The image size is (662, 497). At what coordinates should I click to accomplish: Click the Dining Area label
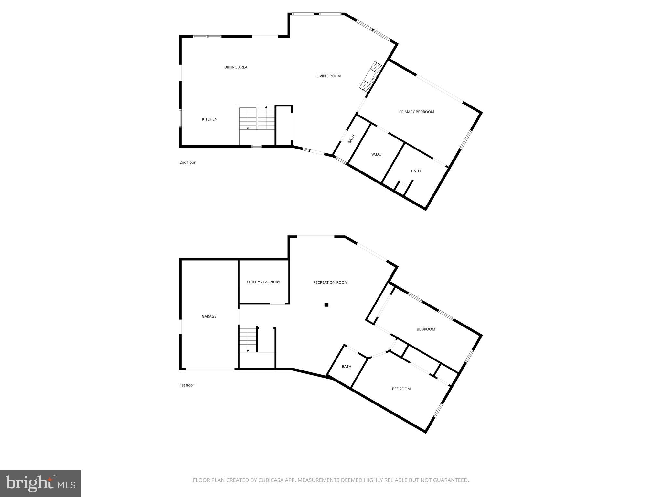click(x=236, y=67)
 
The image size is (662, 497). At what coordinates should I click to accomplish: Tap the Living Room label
click(x=328, y=76)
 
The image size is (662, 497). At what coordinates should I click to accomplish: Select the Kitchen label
click(x=209, y=119)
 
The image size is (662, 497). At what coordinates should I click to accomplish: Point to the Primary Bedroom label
click(x=416, y=112)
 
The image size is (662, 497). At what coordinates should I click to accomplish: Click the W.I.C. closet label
click(x=376, y=154)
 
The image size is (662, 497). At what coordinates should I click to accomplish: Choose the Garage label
click(x=209, y=316)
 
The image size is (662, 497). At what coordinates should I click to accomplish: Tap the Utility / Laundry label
click(x=263, y=282)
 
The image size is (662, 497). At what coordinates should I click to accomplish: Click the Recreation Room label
click(x=330, y=282)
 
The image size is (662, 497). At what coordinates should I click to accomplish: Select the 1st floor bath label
click(x=346, y=367)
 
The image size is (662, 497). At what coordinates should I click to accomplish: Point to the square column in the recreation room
click(x=326, y=304)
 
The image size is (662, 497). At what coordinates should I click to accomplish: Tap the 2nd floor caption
click(x=187, y=162)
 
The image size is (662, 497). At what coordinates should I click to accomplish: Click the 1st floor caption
click(x=187, y=385)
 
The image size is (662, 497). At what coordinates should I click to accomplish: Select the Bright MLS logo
click(x=40, y=484)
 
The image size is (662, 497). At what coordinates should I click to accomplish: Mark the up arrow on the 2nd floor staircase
click(x=266, y=107)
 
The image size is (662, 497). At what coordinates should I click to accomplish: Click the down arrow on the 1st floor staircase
click(x=248, y=350)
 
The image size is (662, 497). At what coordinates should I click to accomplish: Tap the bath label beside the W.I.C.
click(x=351, y=139)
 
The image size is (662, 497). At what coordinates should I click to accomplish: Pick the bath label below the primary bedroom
click(x=416, y=171)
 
